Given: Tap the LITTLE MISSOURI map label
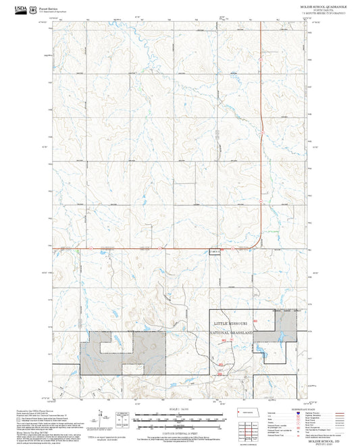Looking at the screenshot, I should pyautogui.click(x=231, y=324).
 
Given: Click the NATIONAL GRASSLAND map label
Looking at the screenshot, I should pyautogui.click(x=231, y=334).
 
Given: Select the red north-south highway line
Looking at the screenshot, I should pyautogui.click(x=261, y=81).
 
